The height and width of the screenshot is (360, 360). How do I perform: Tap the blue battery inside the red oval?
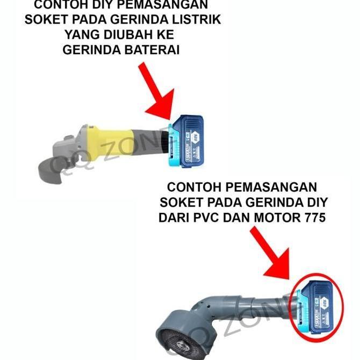[317, 306]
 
